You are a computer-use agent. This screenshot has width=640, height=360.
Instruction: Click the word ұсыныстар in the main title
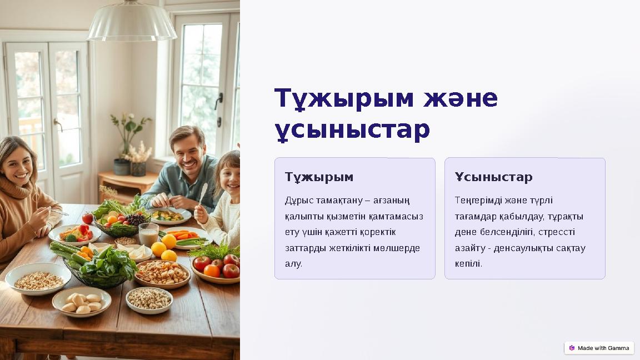coord(352,130)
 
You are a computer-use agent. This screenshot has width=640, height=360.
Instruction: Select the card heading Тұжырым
coord(319,177)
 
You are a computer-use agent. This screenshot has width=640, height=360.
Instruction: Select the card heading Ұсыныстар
coord(493,177)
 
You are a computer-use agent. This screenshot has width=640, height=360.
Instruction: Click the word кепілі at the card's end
coord(468,264)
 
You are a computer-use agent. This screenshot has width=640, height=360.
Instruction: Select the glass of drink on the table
coord(148,235)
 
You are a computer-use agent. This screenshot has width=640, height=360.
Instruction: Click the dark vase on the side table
coord(122,167)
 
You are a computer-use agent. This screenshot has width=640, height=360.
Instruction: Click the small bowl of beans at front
coord(149,299)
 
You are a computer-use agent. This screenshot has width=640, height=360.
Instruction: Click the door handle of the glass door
coord(58,125)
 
